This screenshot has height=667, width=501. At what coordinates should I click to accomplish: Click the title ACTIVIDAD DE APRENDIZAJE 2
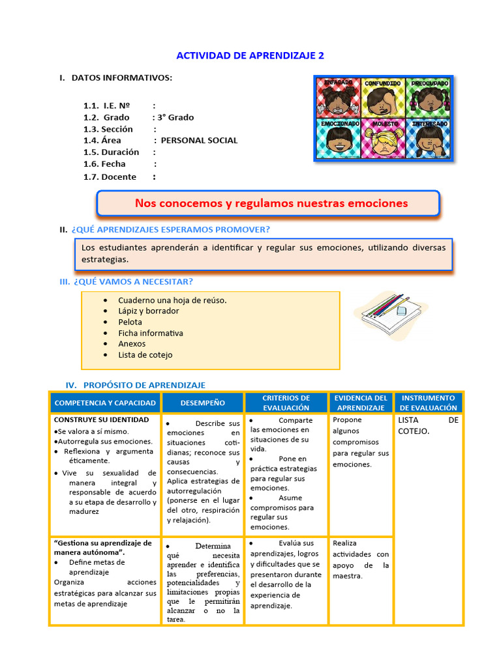(x=251, y=55)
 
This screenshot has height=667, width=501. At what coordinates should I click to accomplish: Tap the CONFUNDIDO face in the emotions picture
(x=382, y=98)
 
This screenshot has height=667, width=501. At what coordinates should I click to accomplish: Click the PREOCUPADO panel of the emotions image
(x=429, y=98)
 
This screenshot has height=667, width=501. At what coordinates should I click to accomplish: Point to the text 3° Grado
(x=174, y=117)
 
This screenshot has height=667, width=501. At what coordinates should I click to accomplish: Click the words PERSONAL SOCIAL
(x=199, y=140)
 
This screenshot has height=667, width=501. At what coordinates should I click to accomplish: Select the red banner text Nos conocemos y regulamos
(x=271, y=203)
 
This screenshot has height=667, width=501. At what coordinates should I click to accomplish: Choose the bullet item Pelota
(x=130, y=322)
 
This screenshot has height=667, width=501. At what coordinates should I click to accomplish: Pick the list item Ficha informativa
(x=150, y=333)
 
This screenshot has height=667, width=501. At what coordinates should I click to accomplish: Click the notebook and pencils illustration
(x=389, y=314)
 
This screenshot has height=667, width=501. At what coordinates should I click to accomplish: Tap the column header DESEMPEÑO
(x=202, y=403)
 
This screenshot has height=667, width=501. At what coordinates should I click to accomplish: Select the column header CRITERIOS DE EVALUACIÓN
(x=286, y=403)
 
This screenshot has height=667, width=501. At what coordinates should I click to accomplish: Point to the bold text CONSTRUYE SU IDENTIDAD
(x=101, y=419)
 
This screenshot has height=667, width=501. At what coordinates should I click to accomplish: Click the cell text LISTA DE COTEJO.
(x=428, y=425)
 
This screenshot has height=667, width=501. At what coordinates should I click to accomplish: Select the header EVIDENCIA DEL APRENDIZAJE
(x=361, y=403)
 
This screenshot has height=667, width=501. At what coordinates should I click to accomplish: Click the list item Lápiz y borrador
(x=148, y=311)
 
